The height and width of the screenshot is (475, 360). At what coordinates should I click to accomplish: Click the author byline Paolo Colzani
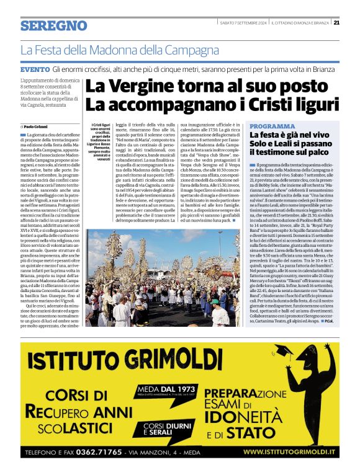40,126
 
